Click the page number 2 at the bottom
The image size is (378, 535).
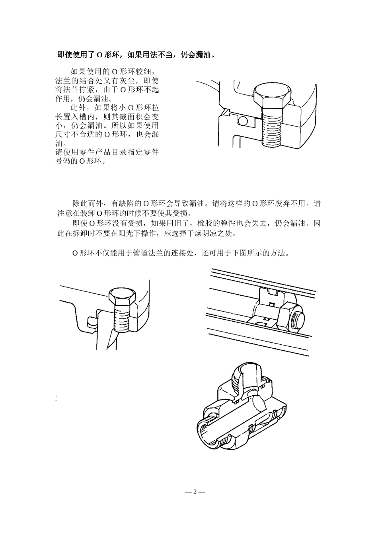pos(195,492)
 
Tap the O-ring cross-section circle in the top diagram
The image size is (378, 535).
pos(243,120)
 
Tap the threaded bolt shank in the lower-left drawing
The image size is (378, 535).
pos(121,317)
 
